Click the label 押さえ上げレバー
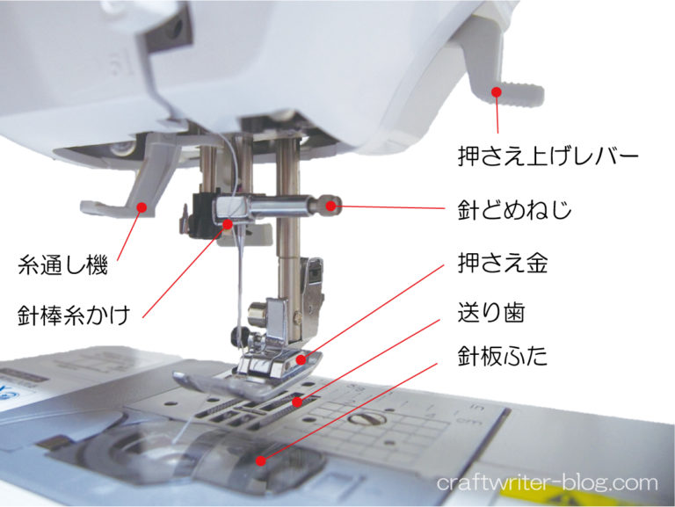coord(548,156)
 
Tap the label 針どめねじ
coord(514,210)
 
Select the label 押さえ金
coord(503,263)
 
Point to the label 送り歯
coord(491,313)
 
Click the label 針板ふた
coord(503,356)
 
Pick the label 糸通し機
coord(62,264)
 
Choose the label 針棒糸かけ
coord(74,315)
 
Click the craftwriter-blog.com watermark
coord(548,483)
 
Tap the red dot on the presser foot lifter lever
coord(497,92)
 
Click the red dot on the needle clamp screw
coord(330,206)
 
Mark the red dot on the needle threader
coord(142,207)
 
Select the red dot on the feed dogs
coord(297,402)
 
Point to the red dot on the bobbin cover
coord(261,461)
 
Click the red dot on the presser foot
coord(301,359)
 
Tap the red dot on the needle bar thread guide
coord(228,224)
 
